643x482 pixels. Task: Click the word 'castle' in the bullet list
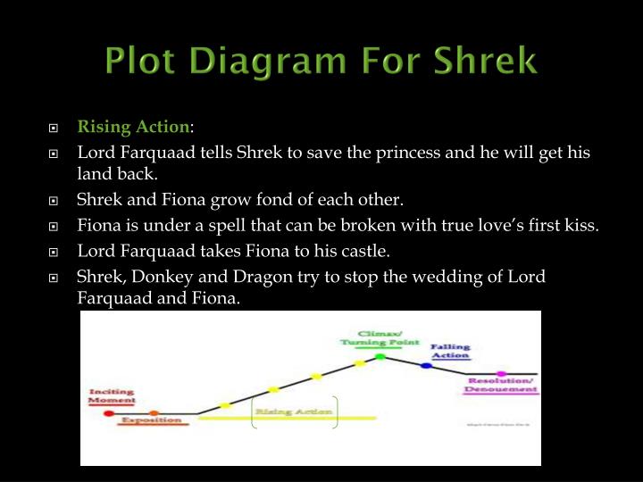pos(376,251)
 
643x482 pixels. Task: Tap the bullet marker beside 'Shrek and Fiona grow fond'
pos(55,200)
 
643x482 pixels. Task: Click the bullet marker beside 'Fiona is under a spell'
pos(55,226)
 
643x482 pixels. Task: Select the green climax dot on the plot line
pos(380,357)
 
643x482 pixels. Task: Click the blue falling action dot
pos(425,365)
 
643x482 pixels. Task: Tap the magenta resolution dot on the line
pos(501,373)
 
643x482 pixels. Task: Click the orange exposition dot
pos(154,413)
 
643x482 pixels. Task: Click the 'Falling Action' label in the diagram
pos(450,351)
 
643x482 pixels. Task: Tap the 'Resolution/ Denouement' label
pos(501,386)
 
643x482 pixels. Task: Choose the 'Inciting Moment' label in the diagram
pos(112,396)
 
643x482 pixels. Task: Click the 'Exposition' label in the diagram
pos(146,420)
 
